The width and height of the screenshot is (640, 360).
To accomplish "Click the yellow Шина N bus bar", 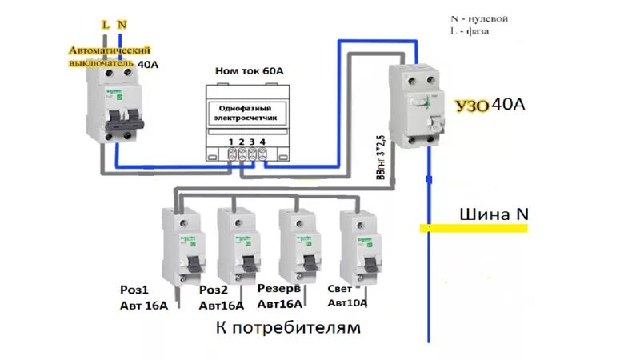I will (474, 229).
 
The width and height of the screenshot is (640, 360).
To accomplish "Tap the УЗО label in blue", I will (471, 106).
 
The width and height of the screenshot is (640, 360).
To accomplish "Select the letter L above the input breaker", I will (105, 25).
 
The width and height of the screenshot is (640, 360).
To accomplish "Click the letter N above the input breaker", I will (122, 25).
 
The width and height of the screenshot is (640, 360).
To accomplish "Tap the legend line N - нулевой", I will (480, 18).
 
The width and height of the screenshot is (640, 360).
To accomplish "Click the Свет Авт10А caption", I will (348, 296).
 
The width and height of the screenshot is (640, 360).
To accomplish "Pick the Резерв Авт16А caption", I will (281, 296).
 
